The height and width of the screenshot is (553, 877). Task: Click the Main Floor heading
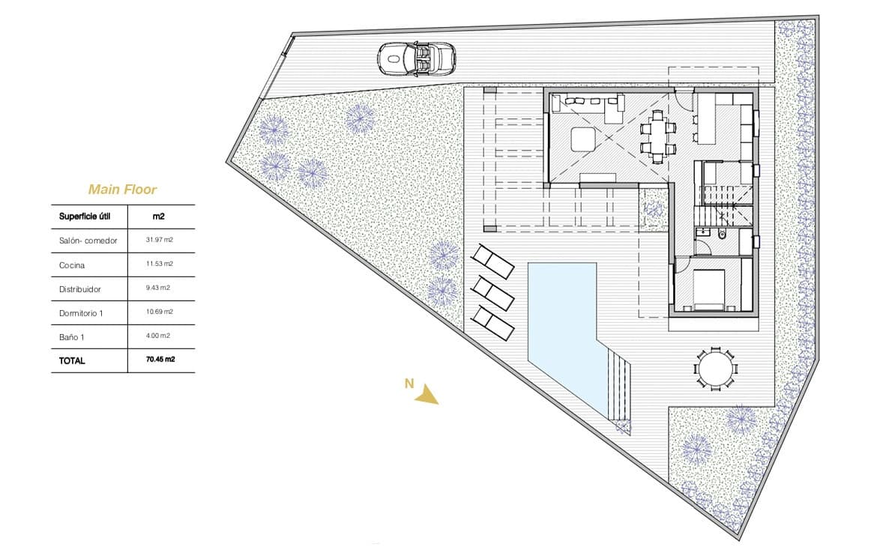tap(122, 190)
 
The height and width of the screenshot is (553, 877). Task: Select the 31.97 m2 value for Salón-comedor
tap(160, 240)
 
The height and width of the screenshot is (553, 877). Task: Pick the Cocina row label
tap(72, 265)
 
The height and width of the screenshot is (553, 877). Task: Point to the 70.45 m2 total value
tap(160, 360)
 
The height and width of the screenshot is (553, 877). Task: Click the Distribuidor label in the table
tap(79, 288)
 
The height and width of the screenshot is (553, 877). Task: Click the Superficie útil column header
tap(85, 217)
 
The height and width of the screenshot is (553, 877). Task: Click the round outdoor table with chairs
tap(714, 368)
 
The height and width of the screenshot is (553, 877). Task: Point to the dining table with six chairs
tap(657, 136)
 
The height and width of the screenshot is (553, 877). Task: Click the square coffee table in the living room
tap(582, 139)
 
